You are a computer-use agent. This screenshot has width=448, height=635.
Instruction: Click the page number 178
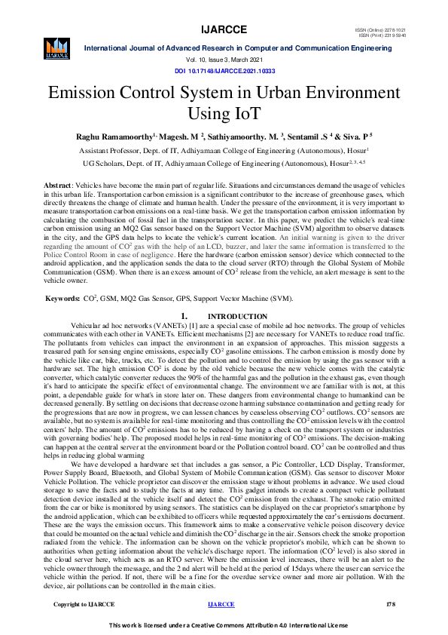click(x=390, y=604)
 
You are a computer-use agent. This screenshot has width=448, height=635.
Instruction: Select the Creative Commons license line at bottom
click(x=224, y=626)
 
